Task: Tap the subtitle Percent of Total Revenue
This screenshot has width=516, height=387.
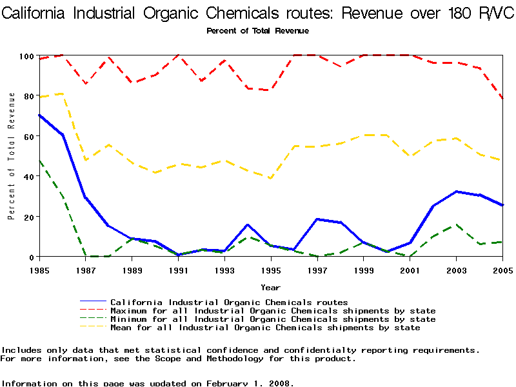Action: click(257, 31)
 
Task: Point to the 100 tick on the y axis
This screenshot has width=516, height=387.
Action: click(25, 56)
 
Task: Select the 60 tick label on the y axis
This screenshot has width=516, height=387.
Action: click(27, 136)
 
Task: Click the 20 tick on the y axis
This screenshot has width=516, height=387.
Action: click(27, 217)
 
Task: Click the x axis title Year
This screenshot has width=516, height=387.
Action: click(270, 287)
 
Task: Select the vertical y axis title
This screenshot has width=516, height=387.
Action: click(11, 155)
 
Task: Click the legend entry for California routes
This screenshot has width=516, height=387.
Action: click(229, 302)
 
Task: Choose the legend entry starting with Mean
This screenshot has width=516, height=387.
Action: click(265, 328)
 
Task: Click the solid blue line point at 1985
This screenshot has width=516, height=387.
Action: click(39, 115)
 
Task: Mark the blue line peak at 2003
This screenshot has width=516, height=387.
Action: click(455, 192)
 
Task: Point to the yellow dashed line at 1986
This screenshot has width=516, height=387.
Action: click(63, 94)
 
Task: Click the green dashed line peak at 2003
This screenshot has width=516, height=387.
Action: click(455, 225)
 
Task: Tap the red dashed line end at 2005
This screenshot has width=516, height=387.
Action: click(502, 99)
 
